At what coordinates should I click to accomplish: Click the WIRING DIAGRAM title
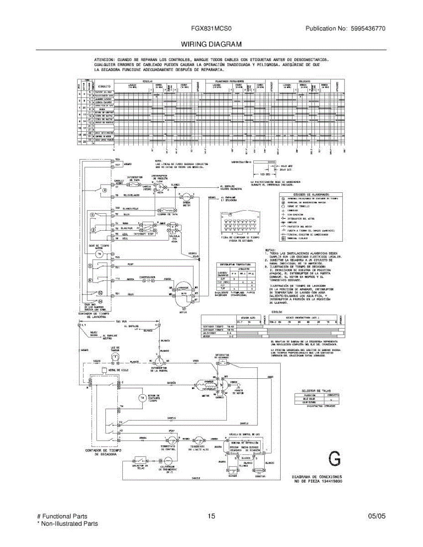coord(211,44)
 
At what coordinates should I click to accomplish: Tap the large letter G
coord(335,459)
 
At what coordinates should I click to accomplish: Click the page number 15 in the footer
coord(211,516)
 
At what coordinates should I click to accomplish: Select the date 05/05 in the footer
coord(376,516)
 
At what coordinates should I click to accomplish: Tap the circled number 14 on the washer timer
coord(101,301)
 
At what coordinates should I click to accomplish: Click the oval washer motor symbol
coord(182,291)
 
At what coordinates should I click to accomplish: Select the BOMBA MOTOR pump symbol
coord(186,196)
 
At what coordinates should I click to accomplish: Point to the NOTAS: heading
coord(270,250)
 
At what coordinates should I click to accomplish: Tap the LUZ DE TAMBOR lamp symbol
coord(115,355)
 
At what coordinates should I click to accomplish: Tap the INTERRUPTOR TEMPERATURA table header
coord(237,264)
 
